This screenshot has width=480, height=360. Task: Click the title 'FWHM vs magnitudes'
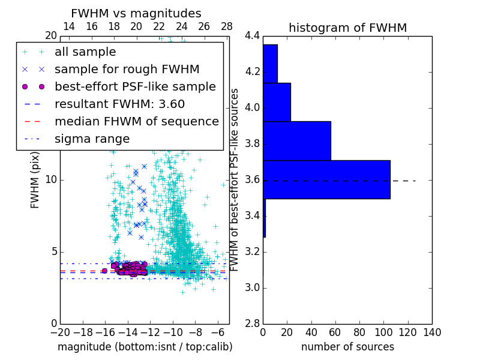coord(136,13)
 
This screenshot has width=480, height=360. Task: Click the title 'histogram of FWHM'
coord(347,28)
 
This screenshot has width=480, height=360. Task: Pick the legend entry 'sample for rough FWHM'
coord(127,70)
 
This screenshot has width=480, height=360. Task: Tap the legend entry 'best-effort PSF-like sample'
coord(135,86)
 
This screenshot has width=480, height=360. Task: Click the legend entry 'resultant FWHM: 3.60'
coord(119,104)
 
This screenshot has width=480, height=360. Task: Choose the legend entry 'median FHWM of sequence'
coord(136,121)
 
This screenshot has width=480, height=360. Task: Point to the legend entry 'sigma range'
coord(92,139)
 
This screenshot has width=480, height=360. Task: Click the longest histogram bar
coord(326,179)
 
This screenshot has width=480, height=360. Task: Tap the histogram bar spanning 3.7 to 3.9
coord(297,141)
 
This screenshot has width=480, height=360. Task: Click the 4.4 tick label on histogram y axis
coord(253,36)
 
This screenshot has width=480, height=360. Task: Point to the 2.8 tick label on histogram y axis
coord(253,323)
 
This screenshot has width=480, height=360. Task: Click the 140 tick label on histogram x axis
coord(431,333)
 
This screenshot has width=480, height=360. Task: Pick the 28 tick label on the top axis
coord(226,26)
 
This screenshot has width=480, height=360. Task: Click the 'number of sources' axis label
coord(347,347)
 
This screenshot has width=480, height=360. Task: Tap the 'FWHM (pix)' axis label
coord(35,179)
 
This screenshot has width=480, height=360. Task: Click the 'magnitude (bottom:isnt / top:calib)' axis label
coord(145,347)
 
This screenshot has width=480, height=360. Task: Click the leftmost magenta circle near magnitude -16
coord(104,271)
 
